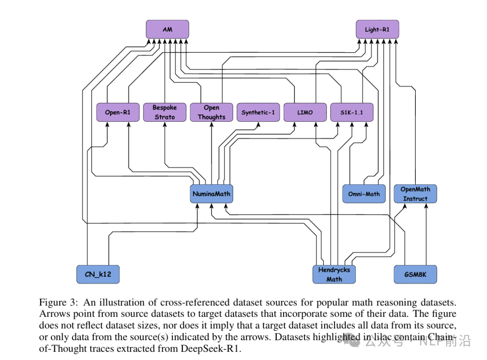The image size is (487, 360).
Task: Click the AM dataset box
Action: pos(167,29)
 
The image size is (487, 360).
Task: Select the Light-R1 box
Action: pos(377,29)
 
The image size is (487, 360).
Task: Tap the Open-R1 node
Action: pos(118,112)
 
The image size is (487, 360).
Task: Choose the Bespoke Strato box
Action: pos(165,112)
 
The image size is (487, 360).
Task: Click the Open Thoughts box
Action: pos(211,112)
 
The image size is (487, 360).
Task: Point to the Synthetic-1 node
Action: pos(258,112)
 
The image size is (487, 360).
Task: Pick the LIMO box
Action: pos(305,112)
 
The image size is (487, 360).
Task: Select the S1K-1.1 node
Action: pos(352,112)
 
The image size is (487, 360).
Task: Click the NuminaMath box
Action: pos(211,194)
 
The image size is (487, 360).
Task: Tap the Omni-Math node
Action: pos(364,194)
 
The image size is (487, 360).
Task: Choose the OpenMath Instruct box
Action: pos(415,194)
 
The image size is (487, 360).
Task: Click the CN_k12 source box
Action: pos(98,274)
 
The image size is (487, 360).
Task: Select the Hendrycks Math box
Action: pos(334,274)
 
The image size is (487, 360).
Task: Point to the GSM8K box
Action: pos(415,274)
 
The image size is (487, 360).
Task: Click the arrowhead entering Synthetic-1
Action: pos(258,125)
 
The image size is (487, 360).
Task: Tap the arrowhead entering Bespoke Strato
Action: pos(165,125)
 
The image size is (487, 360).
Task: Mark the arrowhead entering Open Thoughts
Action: pos(211,125)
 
